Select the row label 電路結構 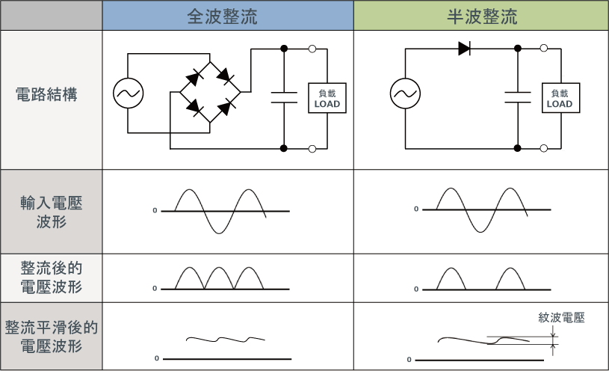pos(51,95)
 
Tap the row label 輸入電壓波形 pos(51,212)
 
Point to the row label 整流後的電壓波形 pos(51,278)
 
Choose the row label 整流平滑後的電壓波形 pos(51,337)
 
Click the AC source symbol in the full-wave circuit pos(129,93)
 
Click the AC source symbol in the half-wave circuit pos(406,93)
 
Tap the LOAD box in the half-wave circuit pos(559,99)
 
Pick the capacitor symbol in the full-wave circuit pos(284,95)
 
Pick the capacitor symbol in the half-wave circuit pos(517,95)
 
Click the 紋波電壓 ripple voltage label pos(561,318)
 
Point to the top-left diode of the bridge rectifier pos(197,76)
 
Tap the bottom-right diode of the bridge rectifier pos(223,109)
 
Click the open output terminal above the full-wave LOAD pos(312,49)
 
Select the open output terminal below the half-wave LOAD pos(544,148)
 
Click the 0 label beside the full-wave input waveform pos(155,211)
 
